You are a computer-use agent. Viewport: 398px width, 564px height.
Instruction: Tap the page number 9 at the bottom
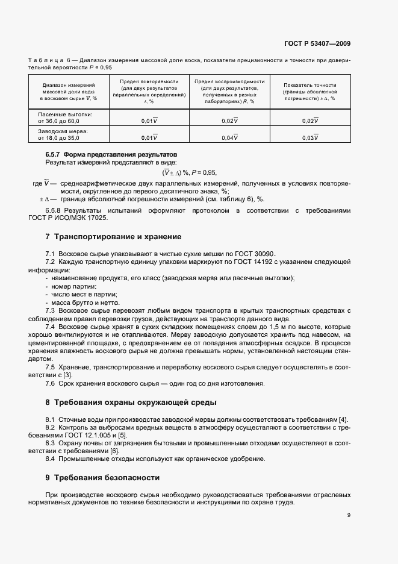click(x=349, y=515)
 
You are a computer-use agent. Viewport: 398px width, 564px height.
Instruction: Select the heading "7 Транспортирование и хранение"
click(x=113, y=237)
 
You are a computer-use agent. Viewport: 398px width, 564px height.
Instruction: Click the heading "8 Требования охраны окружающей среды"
click(x=135, y=402)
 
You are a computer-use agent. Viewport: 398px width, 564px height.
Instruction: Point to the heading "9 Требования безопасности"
click(x=102, y=478)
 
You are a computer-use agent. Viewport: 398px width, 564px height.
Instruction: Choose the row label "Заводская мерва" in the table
click(x=63, y=131)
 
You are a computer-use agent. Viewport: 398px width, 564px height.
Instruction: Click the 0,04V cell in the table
click(x=229, y=138)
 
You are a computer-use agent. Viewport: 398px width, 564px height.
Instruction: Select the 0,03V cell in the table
click(x=309, y=138)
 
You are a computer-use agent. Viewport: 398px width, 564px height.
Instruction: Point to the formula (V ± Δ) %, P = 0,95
click(x=197, y=172)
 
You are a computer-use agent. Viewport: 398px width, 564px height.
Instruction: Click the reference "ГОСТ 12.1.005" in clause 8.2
click(x=96, y=435)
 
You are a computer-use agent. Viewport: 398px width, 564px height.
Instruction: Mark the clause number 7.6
click(x=51, y=384)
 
